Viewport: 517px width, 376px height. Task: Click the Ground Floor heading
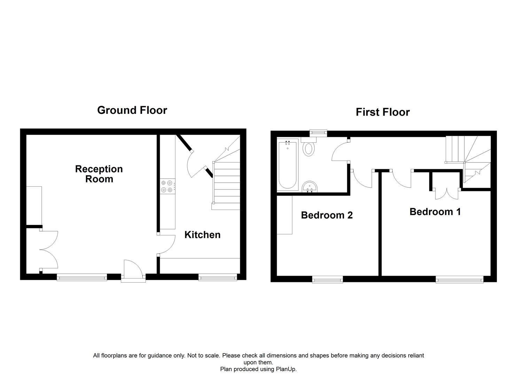[132, 110]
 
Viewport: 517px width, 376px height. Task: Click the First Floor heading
[383, 112]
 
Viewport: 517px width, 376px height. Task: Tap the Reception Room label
[99, 174]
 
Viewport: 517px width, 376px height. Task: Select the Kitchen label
[202, 235]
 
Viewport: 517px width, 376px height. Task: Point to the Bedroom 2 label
[327, 215]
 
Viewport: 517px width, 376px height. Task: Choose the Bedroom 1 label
[435, 212]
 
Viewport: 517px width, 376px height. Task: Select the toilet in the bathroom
[308, 148]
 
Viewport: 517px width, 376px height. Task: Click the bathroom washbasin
[310, 187]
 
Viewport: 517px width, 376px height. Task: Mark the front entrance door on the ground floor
[133, 269]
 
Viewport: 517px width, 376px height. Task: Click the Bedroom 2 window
[327, 279]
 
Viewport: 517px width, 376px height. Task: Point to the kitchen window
[218, 277]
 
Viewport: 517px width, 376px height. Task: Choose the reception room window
[82, 277]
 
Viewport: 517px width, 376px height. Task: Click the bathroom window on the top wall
[319, 132]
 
